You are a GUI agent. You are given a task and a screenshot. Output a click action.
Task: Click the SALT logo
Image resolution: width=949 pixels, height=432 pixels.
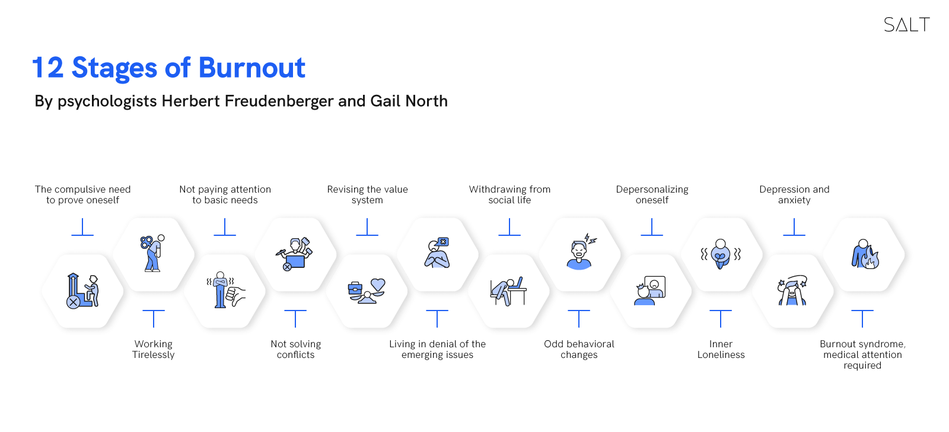pyautogui.click(x=907, y=24)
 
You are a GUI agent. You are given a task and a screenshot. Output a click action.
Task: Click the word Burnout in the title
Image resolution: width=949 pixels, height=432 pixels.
pyautogui.click(x=251, y=68)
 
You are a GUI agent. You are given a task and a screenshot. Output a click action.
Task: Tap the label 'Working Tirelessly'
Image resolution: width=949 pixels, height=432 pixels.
pyautogui.click(x=154, y=350)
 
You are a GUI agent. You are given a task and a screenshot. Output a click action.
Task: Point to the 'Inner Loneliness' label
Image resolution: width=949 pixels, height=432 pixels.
pyautogui.click(x=721, y=350)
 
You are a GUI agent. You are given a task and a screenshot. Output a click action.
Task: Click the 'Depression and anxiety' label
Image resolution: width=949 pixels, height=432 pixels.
pyautogui.click(x=794, y=194)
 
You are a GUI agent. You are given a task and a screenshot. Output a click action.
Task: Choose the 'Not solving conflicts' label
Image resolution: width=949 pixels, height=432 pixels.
pyautogui.click(x=296, y=350)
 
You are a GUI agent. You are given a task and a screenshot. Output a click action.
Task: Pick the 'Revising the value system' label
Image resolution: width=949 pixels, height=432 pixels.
pyautogui.click(x=367, y=194)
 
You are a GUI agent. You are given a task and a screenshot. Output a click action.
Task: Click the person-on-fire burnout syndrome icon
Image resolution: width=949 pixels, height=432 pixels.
pyautogui.click(x=865, y=254)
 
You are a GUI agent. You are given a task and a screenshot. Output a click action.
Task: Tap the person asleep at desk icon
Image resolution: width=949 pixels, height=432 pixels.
pyautogui.click(x=508, y=291)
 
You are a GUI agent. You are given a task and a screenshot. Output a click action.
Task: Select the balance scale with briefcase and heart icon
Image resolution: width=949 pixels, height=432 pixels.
pyautogui.click(x=367, y=291)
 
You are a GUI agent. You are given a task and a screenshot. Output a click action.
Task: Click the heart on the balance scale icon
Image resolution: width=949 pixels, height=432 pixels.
pyautogui.click(x=377, y=284)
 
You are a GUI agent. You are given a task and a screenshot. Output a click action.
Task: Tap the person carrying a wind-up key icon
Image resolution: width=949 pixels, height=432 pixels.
pyautogui.click(x=152, y=253)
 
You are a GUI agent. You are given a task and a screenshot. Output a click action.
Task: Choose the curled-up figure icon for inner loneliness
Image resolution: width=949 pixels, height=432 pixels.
pyautogui.click(x=720, y=254)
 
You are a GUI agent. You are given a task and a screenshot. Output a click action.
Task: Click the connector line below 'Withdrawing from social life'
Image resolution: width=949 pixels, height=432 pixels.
pyautogui.click(x=509, y=227)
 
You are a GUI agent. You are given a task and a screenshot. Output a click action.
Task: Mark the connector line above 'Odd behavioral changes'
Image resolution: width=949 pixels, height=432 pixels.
pyautogui.click(x=579, y=318)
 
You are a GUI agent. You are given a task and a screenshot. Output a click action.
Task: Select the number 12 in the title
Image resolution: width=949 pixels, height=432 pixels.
pyautogui.click(x=48, y=68)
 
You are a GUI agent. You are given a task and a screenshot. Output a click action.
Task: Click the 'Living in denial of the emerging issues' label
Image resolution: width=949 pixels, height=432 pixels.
pyautogui.click(x=437, y=350)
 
